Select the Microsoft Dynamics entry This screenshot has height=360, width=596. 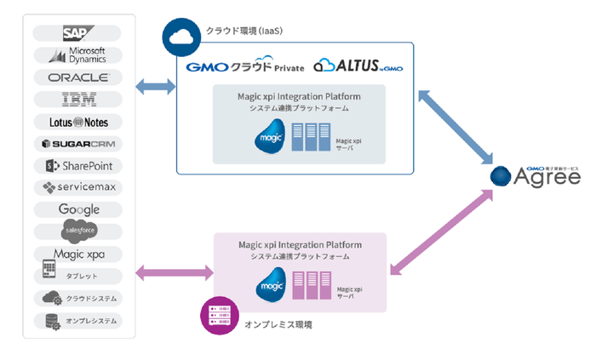[x=79, y=56]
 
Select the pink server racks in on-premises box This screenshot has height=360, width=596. [x=312, y=284]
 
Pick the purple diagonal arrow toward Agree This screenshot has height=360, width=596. [x=441, y=235]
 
